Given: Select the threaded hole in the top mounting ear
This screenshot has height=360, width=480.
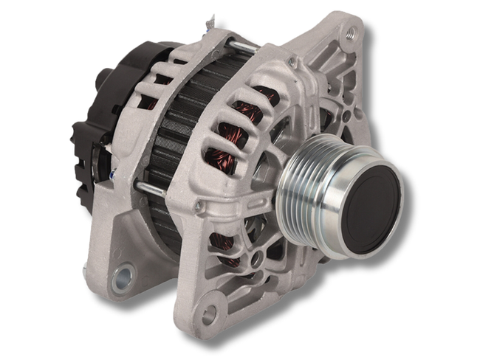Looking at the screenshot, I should click(x=349, y=32).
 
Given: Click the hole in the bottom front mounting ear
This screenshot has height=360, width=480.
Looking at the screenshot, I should click(x=209, y=314).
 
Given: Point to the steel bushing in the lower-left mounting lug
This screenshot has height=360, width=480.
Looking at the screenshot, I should click(x=123, y=277).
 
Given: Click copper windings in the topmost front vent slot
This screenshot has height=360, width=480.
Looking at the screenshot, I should click(x=266, y=94).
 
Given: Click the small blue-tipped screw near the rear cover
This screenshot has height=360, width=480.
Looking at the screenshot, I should click(x=112, y=174).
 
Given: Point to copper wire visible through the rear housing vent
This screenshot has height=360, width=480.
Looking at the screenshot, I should click(x=151, y=103).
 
